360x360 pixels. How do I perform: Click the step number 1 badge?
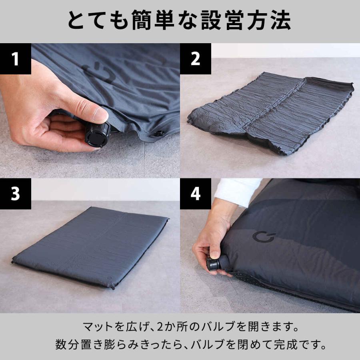point(16,59)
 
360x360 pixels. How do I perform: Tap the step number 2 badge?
point(195,59)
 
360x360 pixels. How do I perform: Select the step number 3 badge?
point(16,194)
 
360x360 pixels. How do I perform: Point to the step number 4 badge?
point(195,194)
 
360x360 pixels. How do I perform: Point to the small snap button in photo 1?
point(159,133)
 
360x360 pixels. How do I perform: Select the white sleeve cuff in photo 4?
point(236,190)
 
